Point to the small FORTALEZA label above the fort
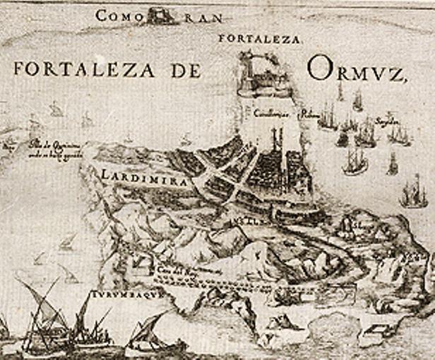[259, 39]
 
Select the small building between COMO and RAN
[160, 15]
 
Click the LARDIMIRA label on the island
[145, 179]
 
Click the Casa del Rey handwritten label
[190, 270]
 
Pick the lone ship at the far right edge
[415, 192]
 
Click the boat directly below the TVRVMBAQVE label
[150, 337]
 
